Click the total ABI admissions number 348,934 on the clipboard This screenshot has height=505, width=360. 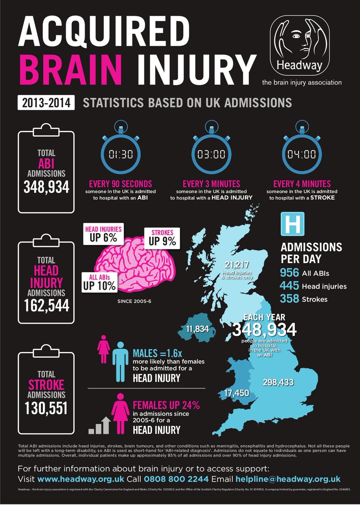coord(46,187)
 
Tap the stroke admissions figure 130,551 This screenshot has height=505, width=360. coord(46,407)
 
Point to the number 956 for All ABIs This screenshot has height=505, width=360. coord(290,273)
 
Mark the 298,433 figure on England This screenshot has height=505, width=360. coord(278,383)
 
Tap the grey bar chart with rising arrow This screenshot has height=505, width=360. coord(99,425)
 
